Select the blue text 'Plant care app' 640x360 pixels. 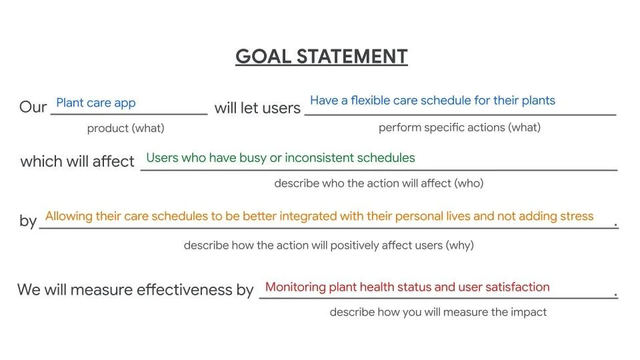(x=96, y=103)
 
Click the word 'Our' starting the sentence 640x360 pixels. (x=33, y=107)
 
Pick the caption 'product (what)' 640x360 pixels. (x=125, y=128)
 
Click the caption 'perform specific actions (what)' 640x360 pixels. (x=459, y=127)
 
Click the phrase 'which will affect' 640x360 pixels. (x=77, y=161)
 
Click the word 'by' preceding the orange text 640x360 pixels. (x=28, y=221)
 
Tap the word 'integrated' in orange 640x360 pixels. (x=308, y=216)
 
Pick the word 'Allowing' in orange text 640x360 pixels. (x=68, y=216)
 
